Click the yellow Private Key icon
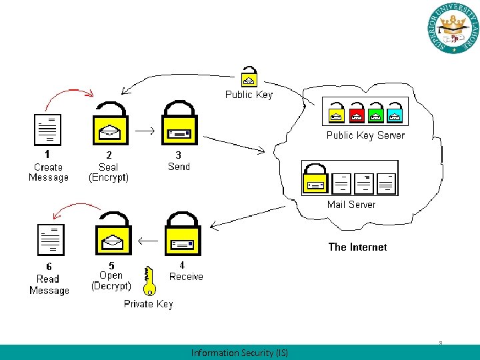click(x=148, y=280)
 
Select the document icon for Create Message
click(x=47, y=129)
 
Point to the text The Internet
click(x=357, y=247)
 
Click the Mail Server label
click(x=351, y=205)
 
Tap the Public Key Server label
click(x=365, y=135)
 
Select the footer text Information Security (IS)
click(x=239, y=353)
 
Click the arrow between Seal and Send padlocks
click(x=145, y=131)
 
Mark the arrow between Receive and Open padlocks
click(x=147, y=240)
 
